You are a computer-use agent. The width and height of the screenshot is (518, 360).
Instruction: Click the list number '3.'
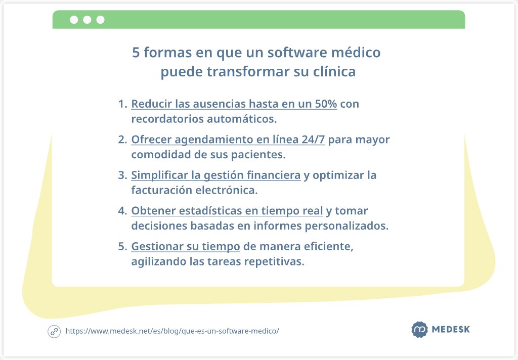122,175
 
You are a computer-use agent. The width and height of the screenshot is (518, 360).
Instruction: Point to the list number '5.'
122,247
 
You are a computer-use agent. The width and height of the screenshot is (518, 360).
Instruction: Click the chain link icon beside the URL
54,331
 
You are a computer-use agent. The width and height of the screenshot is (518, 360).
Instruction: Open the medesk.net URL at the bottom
172,331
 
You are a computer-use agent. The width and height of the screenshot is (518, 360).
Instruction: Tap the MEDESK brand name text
451,330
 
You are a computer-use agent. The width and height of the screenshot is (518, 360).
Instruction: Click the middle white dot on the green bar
87,20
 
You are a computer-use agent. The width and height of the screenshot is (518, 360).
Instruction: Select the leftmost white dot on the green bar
74,20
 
